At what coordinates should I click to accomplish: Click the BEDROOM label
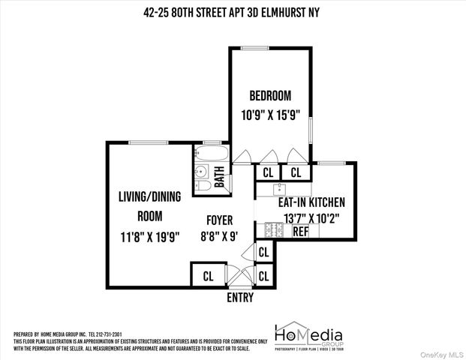coord(269,96)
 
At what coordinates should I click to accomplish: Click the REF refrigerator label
coord(301,232)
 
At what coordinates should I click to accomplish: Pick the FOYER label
coord(220,220)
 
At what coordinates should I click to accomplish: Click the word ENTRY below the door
coord(240,298)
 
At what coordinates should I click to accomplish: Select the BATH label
coord(219,178)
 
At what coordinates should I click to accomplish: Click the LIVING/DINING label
coord(150,198)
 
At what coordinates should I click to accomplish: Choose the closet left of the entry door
coord(208,275)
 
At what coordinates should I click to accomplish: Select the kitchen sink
coord(280,190)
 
